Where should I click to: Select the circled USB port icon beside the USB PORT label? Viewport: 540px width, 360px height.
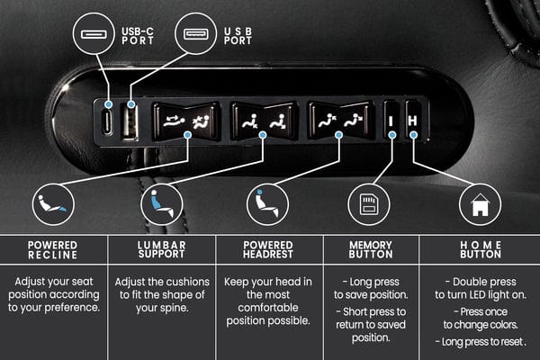[x=194, y=35]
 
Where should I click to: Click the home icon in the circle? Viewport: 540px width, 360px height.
[x=480, y=206]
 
